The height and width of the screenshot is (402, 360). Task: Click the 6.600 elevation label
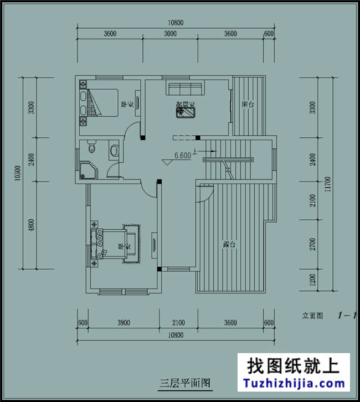(x=182, y=156)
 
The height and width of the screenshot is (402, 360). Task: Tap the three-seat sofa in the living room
(x=185, y=89)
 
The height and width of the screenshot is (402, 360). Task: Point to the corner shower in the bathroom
(x=86, y=171)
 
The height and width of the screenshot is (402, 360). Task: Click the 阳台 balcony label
(x=248, y=104)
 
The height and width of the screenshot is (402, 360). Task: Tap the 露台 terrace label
(x=230, y=244)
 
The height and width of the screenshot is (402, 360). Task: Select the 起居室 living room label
(x=185, y=104)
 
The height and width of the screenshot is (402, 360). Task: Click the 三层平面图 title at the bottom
(x=178, y=383)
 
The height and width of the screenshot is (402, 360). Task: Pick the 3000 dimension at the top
(x=169, y=34)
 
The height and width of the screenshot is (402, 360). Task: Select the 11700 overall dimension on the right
(x=328, y=183)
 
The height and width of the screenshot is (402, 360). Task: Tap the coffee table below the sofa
(x=184, y=112)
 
